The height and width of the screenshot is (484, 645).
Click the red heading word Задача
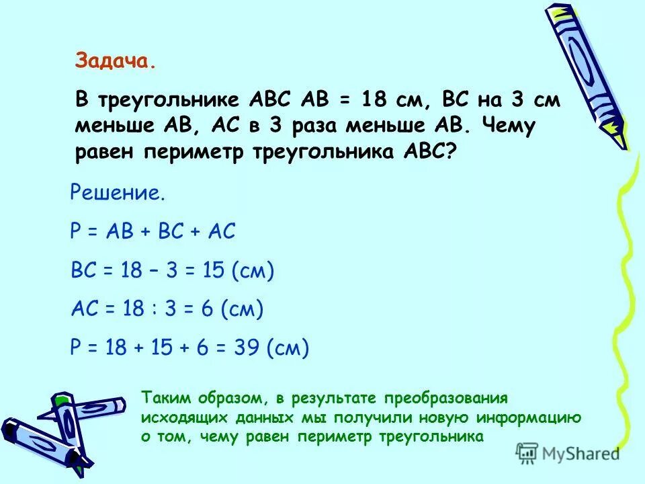click(115, 62)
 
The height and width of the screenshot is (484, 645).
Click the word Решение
click(117, 194)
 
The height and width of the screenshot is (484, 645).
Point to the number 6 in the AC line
click(206, 309)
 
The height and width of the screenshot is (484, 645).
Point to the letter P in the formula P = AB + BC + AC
click(75, 233)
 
